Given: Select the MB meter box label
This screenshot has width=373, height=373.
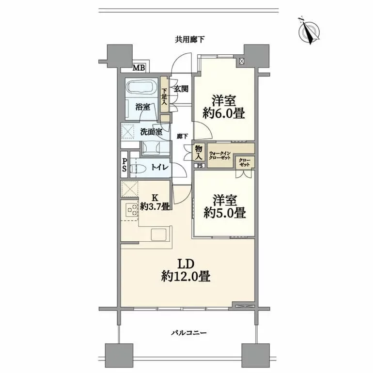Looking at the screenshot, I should [139, 67].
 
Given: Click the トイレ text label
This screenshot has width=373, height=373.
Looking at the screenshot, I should [160, 168].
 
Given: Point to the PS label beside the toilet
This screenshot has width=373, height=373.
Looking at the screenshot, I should [124, 165].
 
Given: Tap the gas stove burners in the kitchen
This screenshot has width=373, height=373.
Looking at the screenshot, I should [132, 210].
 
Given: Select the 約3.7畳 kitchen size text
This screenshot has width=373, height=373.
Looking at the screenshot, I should [155, 206].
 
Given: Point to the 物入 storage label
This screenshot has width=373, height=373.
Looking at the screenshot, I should [199, 153].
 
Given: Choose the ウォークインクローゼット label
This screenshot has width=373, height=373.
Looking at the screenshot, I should [220, 155].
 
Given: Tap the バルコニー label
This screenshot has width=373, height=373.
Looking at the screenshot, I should [189, 333].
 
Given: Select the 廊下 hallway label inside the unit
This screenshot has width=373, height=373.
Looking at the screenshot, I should [182, 136].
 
